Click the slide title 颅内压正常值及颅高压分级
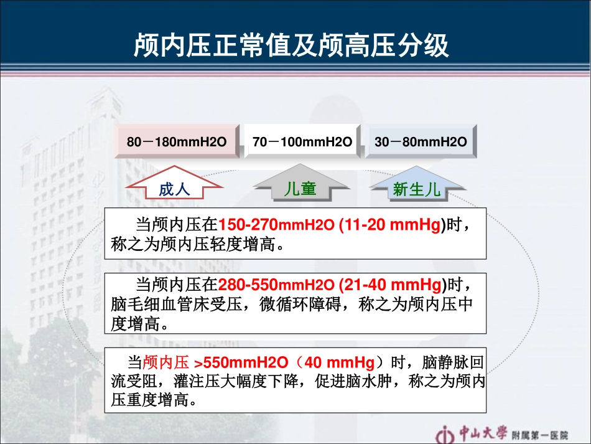[291, 45]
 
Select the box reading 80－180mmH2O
[177, 142]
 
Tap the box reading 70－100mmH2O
[302, 142]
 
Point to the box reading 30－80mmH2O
[421, 142]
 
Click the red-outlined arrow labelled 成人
[174, 186]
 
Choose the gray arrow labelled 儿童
[300, 186]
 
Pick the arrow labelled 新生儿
[417, 187]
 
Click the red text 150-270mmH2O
[276, 225]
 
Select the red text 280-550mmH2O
[276, 285]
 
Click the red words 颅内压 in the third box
[165, 362]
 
